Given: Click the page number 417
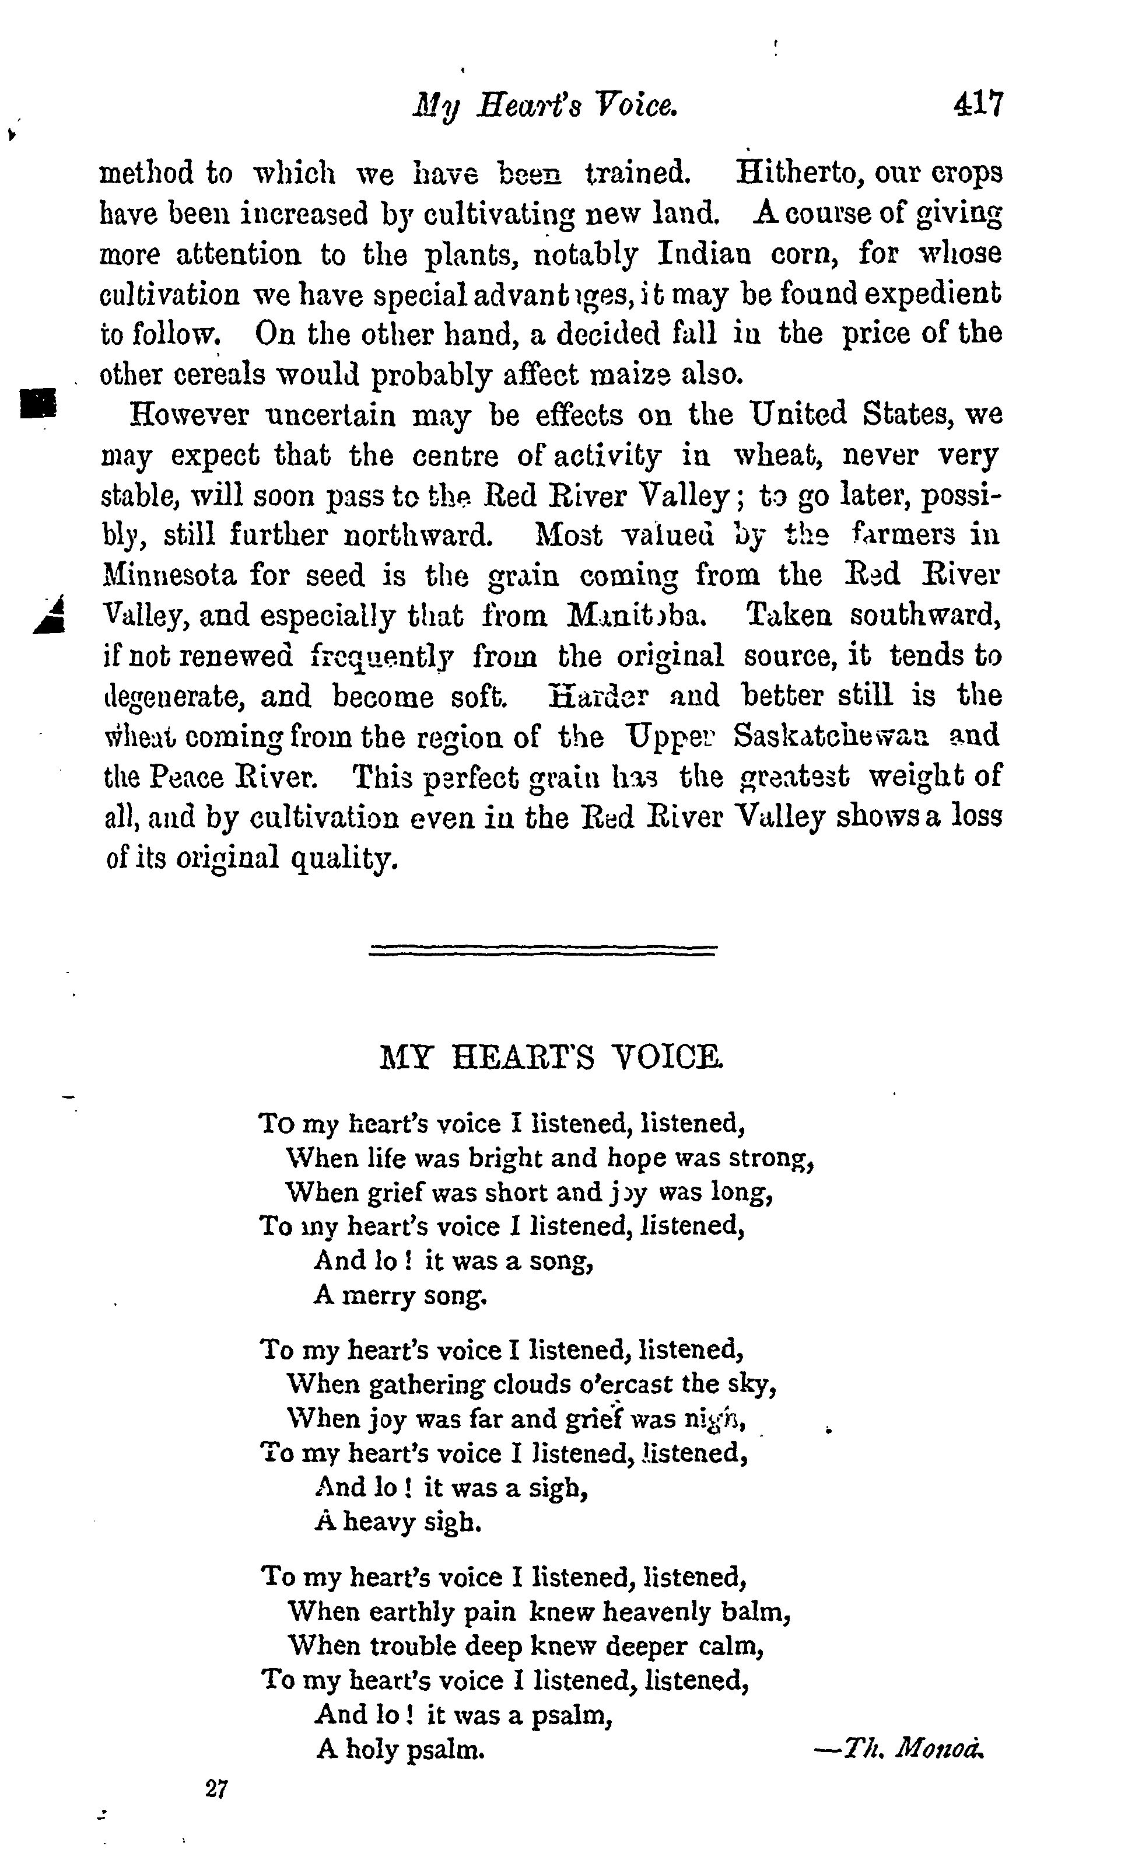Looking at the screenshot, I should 979,105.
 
